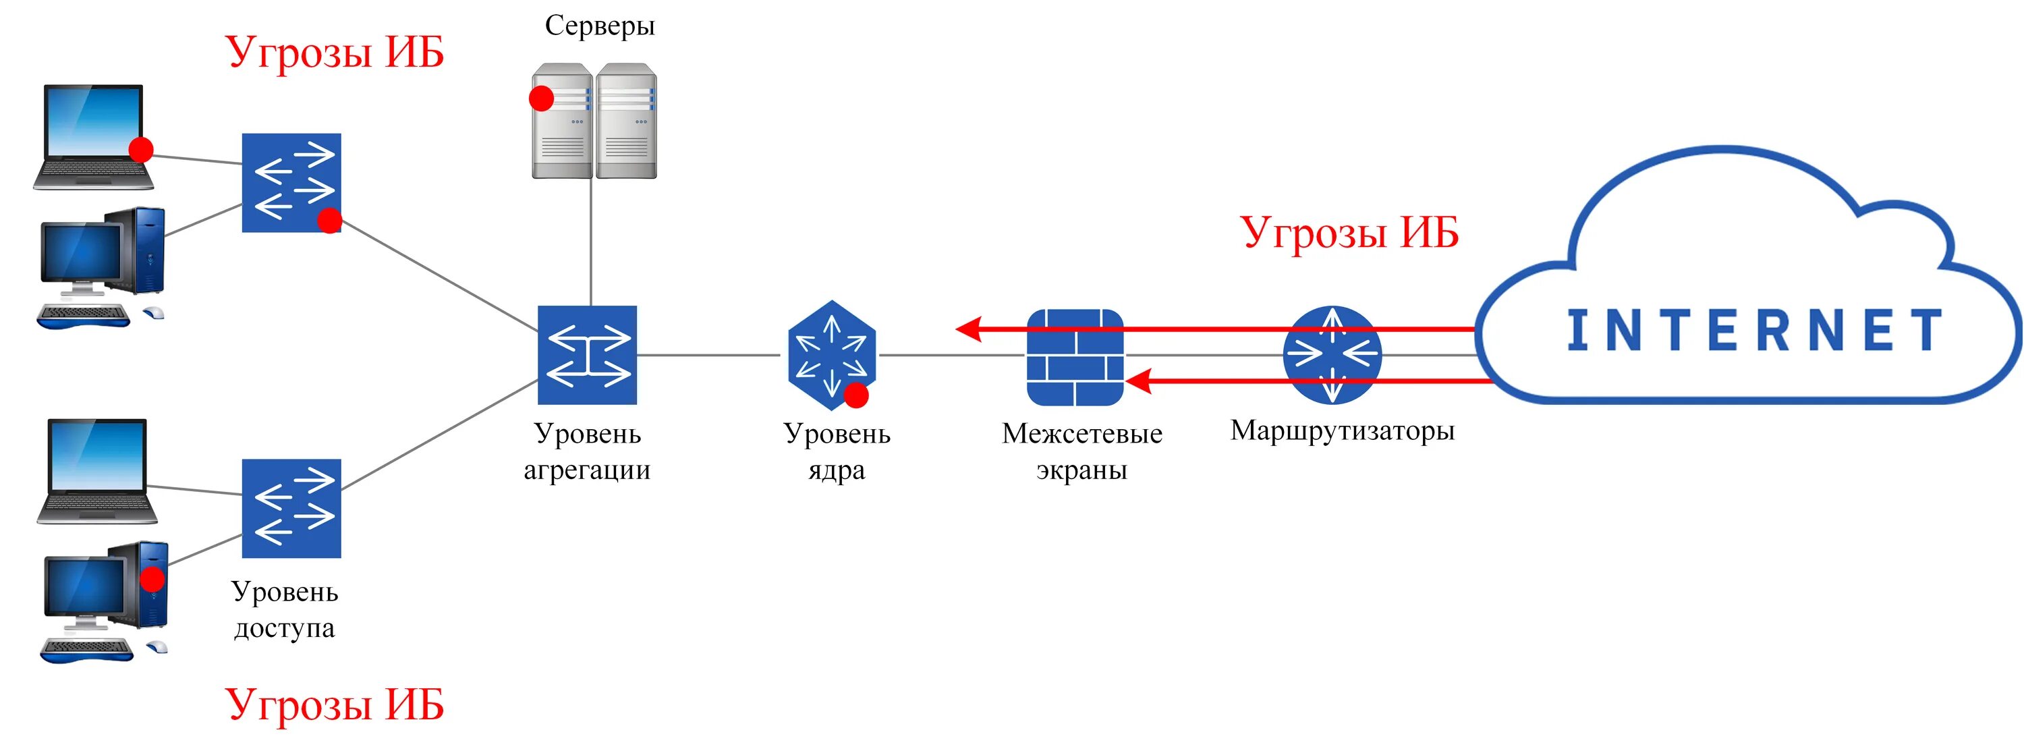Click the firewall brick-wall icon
point(1075,357)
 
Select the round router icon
point(1331,354)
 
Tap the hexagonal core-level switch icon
point(831,354)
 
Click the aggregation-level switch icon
point(587,354)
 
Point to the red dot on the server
point(541,99)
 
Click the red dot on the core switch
point(855,395)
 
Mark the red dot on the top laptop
point(140,149)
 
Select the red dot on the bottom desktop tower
point(152,580)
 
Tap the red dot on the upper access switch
point(329,221)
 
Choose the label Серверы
point(600,26)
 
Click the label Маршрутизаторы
point(1342,430)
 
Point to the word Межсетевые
point(1082,433)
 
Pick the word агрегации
point(587,470)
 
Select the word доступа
point(285,628)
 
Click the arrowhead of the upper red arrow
point(968,329)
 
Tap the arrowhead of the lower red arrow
point(1137,381)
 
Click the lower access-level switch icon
point(291,508)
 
